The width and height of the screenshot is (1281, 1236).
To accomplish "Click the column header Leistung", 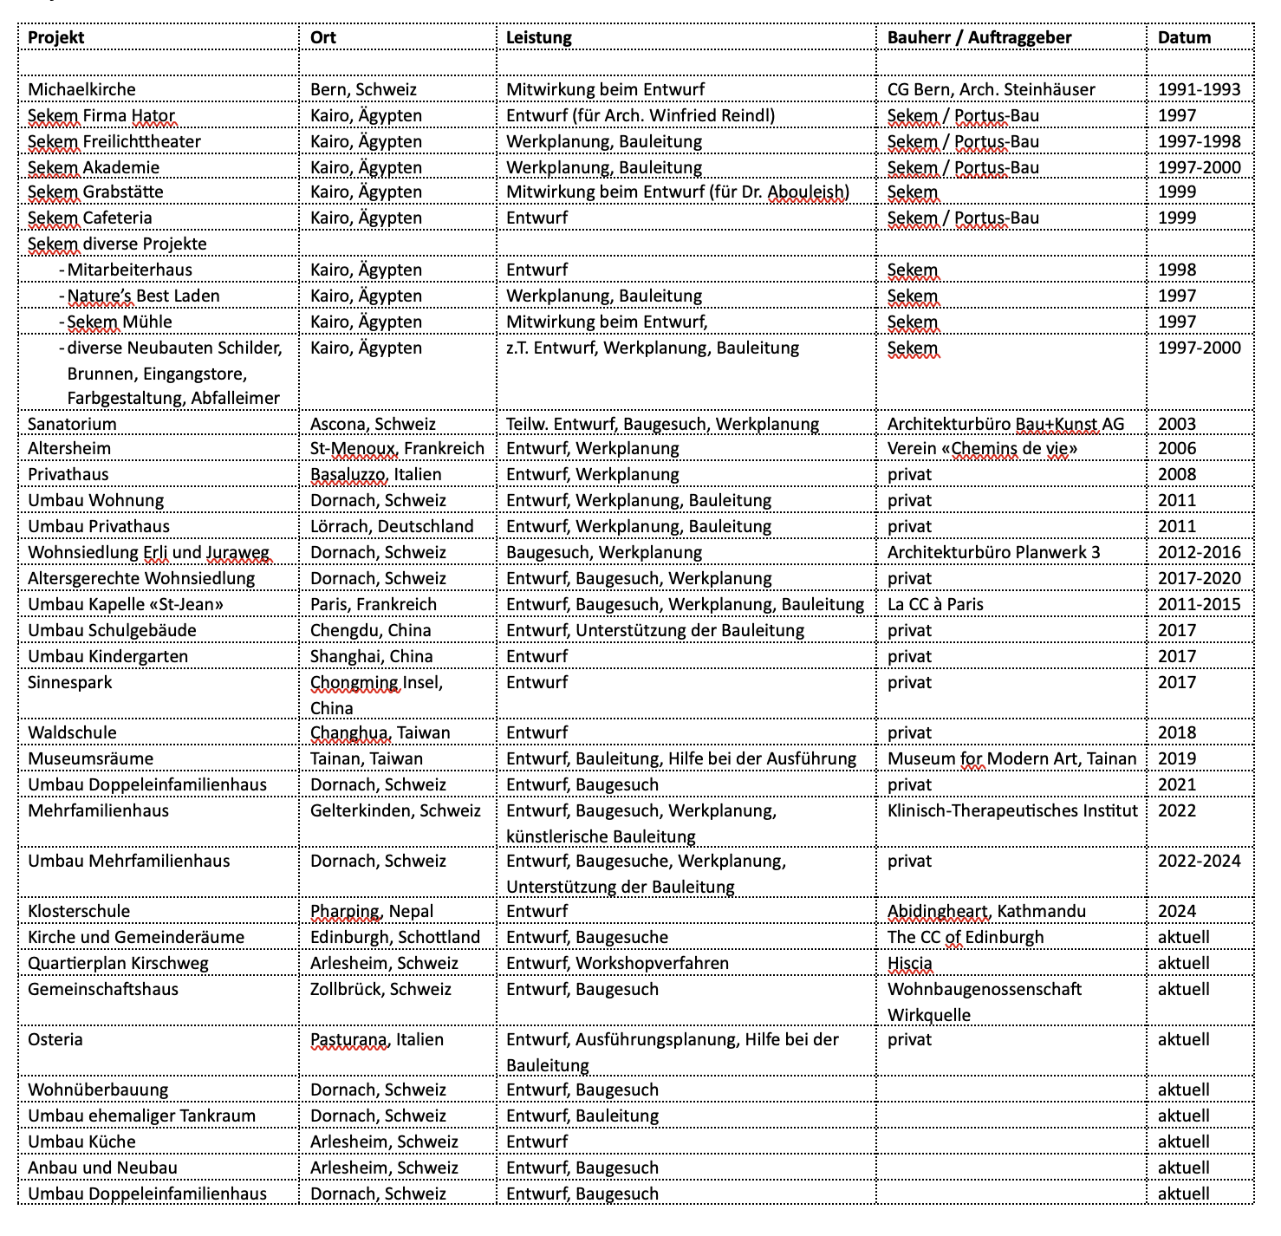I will pos(539,37).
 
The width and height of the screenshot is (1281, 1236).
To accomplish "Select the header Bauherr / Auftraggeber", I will pos(979,37).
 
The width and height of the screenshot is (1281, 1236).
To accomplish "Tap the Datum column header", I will pos(1184,37).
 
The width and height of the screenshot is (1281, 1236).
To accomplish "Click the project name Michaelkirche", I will pos(81,89).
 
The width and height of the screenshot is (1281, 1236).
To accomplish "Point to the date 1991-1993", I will pos(1199,89).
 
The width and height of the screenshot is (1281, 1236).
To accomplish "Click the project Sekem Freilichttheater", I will pos(114,141).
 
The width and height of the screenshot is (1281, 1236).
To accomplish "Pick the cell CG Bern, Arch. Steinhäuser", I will pos(991,89).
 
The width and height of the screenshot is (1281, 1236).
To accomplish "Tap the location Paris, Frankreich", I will pos(374,604).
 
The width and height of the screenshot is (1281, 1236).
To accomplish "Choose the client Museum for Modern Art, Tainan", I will pos(1011,758).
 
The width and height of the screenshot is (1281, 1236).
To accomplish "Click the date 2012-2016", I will pos(1199,552).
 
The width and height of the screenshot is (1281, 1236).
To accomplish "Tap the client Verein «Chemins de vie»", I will pos(982,448).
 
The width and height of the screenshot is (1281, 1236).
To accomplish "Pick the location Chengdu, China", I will pos(371,630).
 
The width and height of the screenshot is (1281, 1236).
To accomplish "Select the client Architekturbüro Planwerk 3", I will pos(993,552).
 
